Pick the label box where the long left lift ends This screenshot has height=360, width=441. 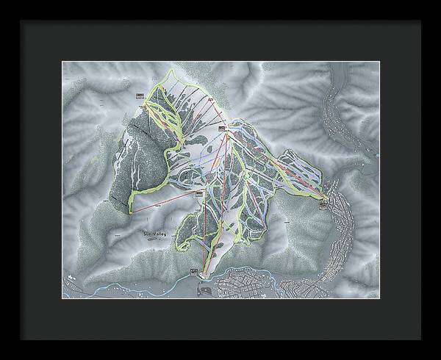click(x=198, y=192)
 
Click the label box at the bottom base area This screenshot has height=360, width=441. click(x=194, y=273)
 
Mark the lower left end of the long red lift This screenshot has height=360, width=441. click(x=132, y=213)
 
